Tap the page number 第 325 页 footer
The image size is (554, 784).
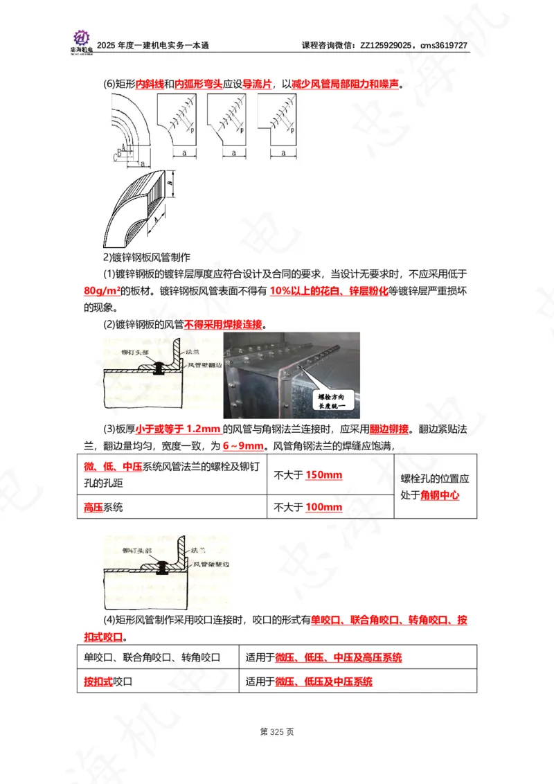click(x=276, y=731)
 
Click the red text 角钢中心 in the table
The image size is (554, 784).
click(x=440, y=495)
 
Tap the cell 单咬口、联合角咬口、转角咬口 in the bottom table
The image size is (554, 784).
click(x=152, y=657)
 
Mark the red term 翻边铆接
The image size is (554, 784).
click(x=393, y=428)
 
